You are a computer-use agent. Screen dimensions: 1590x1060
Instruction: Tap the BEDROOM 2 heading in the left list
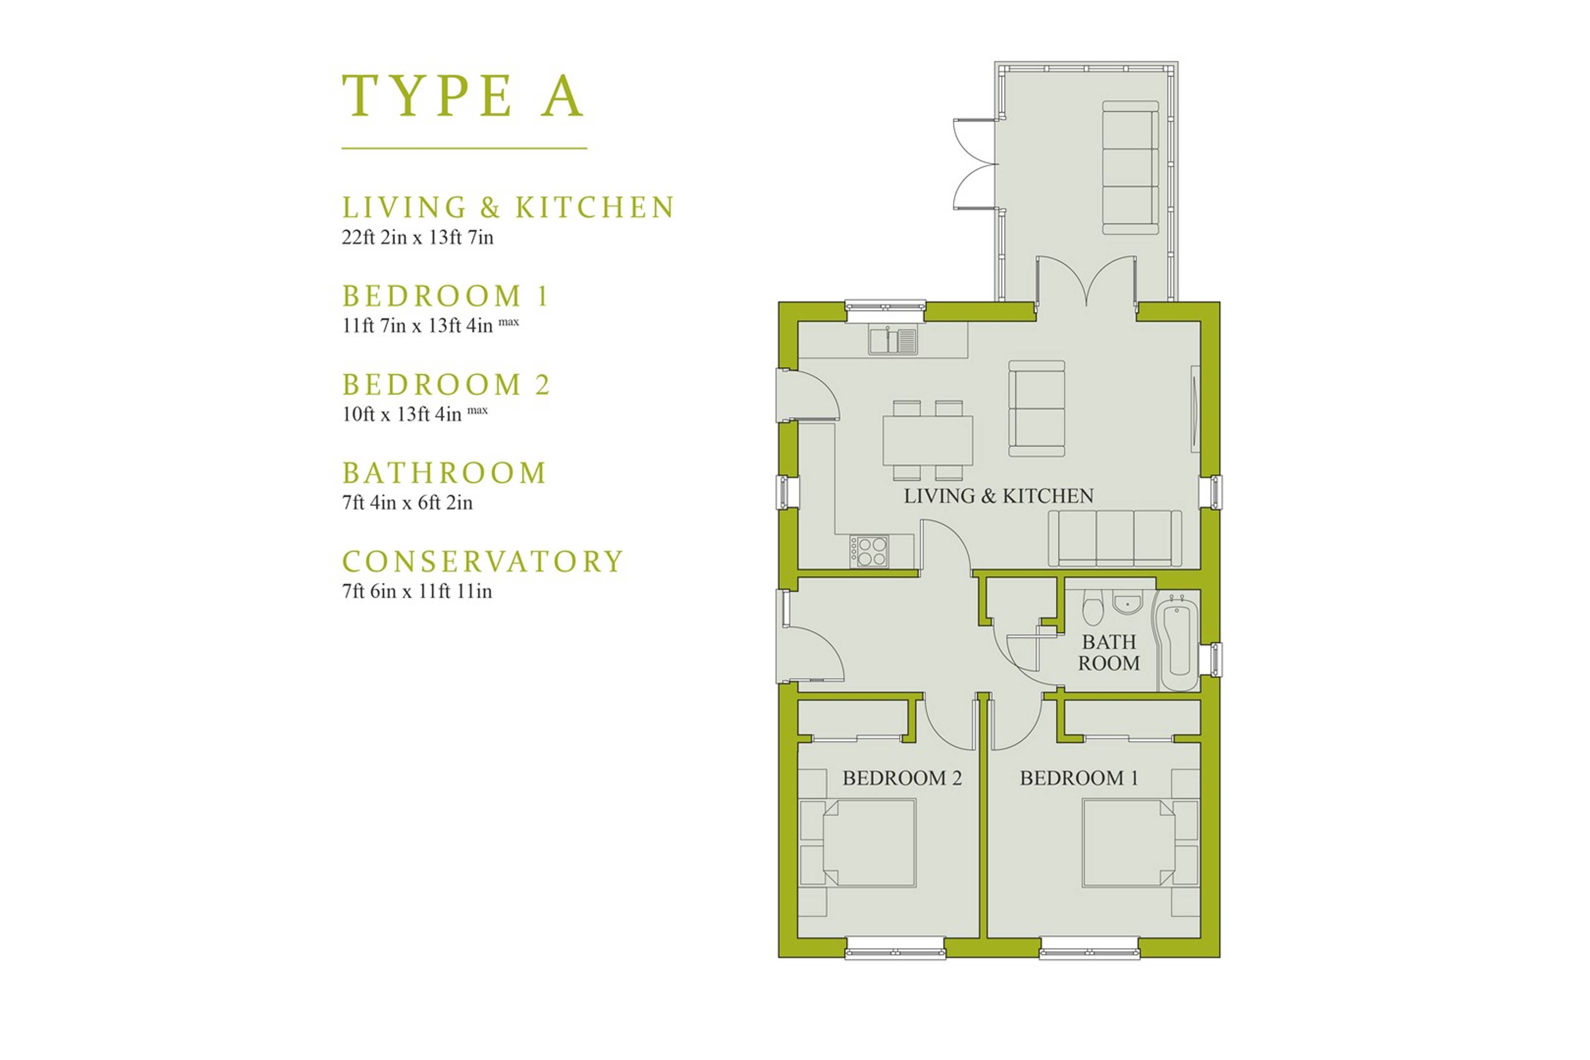tap(446, 385)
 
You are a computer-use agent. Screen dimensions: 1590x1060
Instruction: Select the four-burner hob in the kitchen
tap(870, 551)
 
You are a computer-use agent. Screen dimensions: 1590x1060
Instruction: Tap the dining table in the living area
tap(927, 440)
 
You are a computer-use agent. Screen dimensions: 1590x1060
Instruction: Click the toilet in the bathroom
tap(1092, 606)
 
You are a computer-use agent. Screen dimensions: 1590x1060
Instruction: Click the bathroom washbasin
tap(1127, 603)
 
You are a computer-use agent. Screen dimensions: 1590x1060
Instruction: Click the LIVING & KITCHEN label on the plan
tap(998, 496)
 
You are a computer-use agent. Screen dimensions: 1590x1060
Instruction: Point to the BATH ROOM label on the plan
tap(1109, 653)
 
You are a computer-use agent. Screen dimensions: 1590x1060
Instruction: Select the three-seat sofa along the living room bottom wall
tap(1115, 538)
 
